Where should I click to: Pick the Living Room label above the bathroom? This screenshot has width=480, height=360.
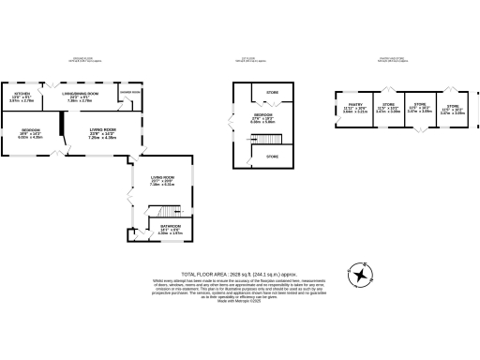tap(163, 180)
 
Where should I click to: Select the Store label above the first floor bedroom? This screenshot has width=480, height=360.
tap(273, 92)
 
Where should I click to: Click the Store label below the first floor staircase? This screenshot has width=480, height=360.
tap(273, 157)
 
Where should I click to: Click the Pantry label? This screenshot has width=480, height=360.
tap(354, 108)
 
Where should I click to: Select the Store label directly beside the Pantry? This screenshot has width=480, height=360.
tap(387, 108)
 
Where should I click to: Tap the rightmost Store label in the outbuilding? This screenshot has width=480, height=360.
tap(453, 108)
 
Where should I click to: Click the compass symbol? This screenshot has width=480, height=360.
tap(360, 277)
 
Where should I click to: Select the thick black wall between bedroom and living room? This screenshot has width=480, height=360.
tap(61, 125)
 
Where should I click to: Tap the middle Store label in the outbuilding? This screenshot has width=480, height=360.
tap(419, 108)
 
